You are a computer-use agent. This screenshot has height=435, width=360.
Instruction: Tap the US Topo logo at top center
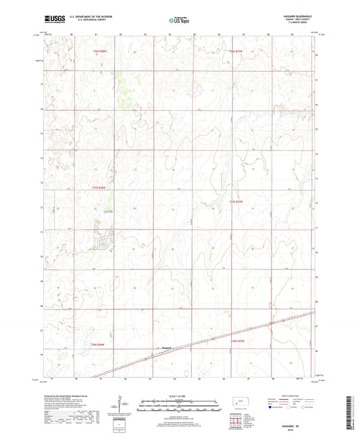point(179,22)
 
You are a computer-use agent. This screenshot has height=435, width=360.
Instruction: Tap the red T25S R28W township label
point(99,188)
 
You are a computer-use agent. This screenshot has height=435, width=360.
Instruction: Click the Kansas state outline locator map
point(238,403)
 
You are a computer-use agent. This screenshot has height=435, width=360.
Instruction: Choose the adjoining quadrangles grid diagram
point(238,421)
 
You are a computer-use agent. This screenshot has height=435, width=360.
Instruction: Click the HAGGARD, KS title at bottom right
point(302,424)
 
